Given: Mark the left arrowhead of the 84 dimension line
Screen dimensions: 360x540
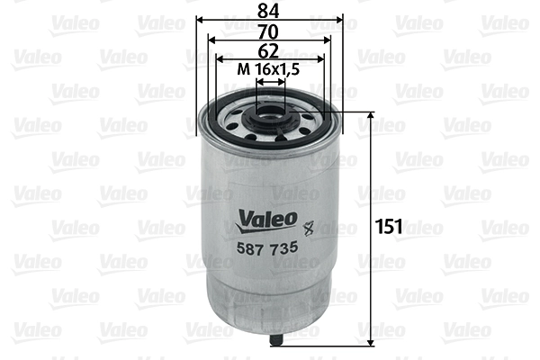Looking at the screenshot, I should click(x=199, y=19).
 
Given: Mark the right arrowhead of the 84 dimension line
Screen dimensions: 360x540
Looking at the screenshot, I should click(x=341, y=19).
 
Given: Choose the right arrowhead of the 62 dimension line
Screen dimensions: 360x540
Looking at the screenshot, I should click(x=322, y=59).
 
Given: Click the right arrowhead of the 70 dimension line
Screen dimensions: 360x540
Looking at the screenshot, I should click(x=329, y=40).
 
